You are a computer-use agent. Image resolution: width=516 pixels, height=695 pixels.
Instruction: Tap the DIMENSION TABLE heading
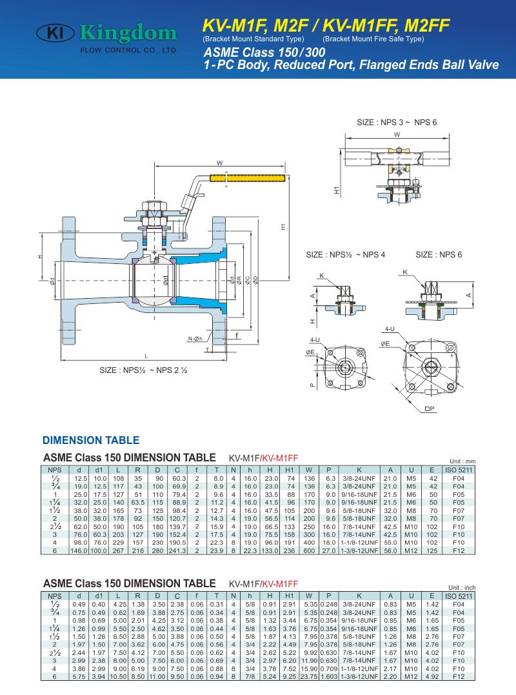(x=91, y=441)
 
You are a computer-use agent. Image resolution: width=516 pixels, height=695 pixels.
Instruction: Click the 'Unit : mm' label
(x=461, y=461)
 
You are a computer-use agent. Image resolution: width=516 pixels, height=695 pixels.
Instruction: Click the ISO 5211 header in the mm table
(x=459, y=469)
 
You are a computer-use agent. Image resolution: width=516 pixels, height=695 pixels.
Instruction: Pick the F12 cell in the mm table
(x=459, y=551)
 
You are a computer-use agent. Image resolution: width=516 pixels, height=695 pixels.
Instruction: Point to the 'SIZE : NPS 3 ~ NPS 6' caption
(x=397, y=123)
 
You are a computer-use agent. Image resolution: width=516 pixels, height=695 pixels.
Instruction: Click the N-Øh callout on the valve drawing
(x=195, y=338)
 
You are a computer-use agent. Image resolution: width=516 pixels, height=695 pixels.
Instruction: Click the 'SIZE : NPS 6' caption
(x=439, y=255)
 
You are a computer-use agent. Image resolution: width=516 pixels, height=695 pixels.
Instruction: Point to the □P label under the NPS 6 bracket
(x=430, y=408)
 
